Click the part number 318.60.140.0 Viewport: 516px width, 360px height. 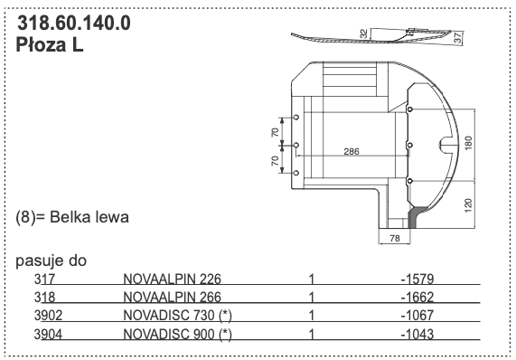74,24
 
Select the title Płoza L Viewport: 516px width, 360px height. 51,45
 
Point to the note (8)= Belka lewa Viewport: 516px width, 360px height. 74,218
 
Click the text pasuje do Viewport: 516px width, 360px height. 51,261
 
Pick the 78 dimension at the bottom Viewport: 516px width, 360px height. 394,238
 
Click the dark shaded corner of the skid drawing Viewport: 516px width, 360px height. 416,216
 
